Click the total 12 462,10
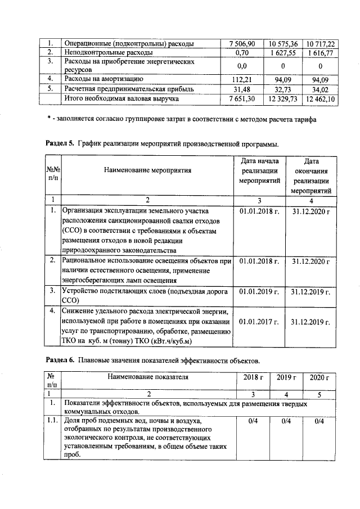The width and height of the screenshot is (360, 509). point(320,98)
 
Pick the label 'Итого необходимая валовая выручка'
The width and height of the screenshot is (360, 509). point(122,98)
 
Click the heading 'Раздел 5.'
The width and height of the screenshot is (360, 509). point(60,144)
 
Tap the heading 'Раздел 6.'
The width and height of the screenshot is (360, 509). point(60,359)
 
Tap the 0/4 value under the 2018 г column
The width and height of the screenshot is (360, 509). point(254,421)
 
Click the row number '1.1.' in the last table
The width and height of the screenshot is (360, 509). point(52,421)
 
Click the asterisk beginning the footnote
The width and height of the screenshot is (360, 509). point(49,119)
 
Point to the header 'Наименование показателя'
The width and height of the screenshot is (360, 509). point(148,377)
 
